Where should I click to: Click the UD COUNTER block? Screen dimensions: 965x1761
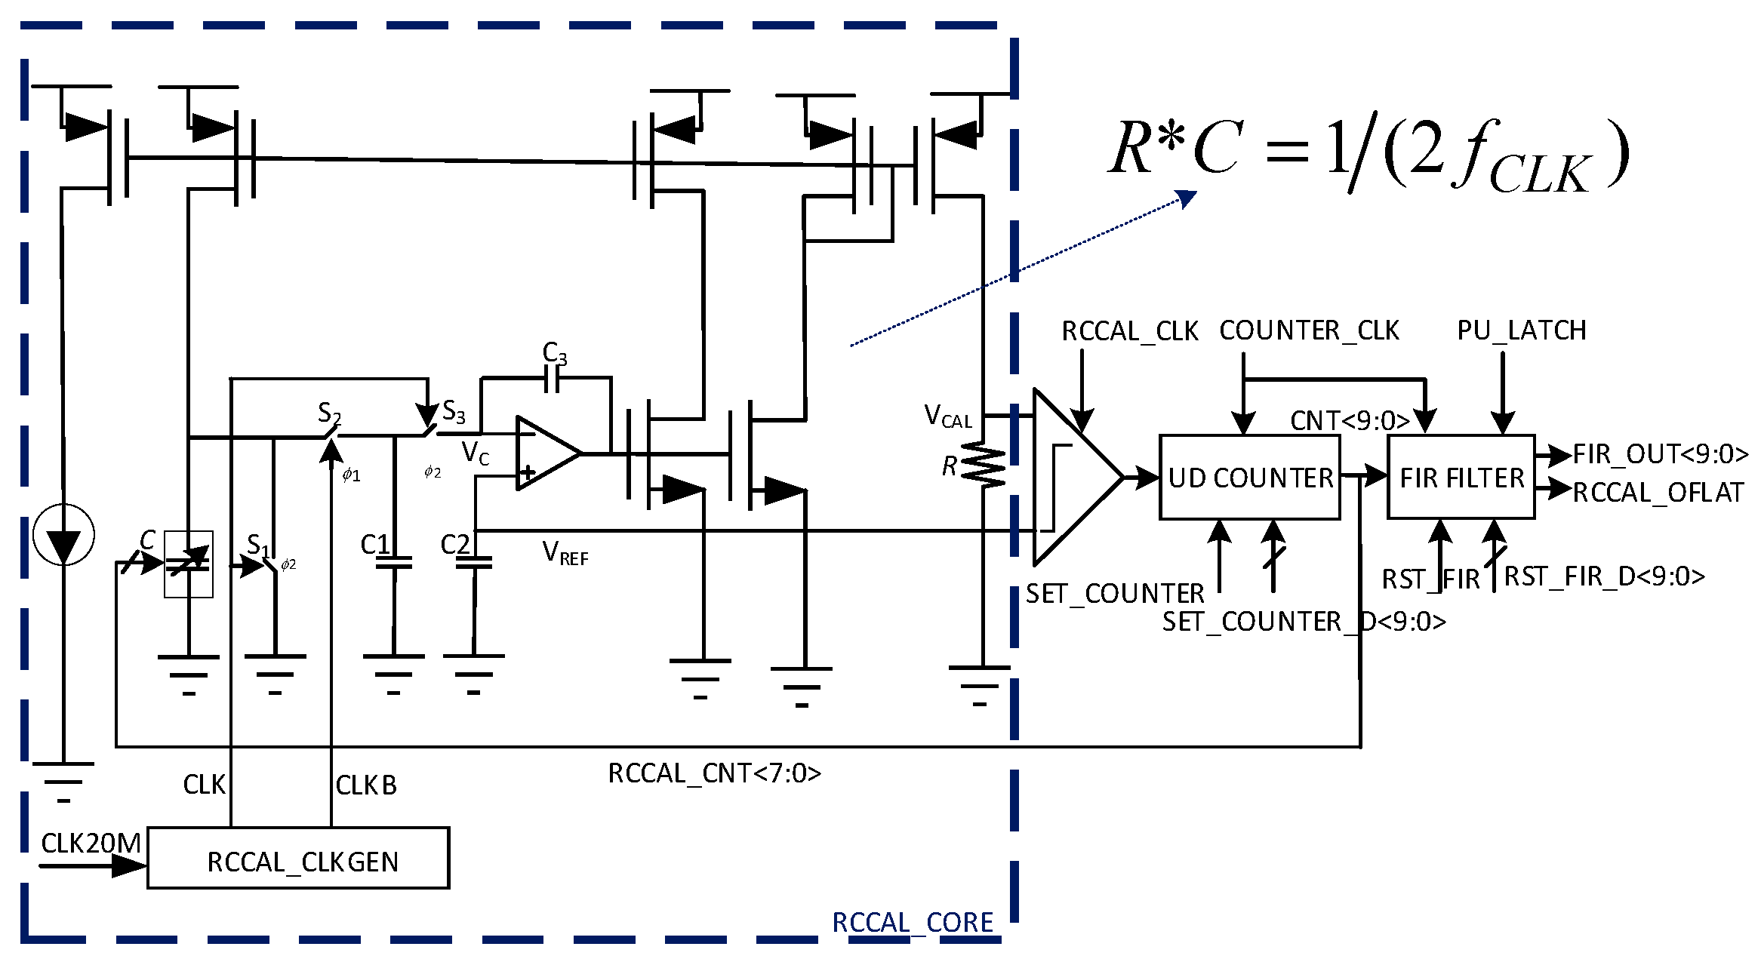(1249, 477)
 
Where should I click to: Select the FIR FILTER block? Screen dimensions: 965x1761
(1461, 477)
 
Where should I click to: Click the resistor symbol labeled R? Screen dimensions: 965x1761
(983, 465)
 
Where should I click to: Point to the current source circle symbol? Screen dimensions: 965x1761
(63, 535)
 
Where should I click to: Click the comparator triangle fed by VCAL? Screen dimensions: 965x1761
(1072, 477)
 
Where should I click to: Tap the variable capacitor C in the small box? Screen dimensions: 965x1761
(188, 564)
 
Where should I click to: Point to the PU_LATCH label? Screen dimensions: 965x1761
(1521, 330)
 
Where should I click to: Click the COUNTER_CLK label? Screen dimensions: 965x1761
(1309, 330)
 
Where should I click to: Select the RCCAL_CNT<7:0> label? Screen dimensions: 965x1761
(714, 773)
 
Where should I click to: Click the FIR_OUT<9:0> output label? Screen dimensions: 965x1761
(1660, 454)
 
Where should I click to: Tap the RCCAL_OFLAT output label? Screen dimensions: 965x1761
(1658, 493)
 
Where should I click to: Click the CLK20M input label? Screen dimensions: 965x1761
(91, 843)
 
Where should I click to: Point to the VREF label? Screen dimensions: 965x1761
(565, 553)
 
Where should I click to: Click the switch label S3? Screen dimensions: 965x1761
(454, 412)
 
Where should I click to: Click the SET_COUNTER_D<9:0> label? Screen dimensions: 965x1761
(1304, 622)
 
